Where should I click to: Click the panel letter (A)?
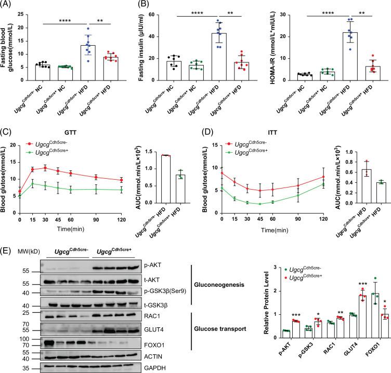click(7, 5)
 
